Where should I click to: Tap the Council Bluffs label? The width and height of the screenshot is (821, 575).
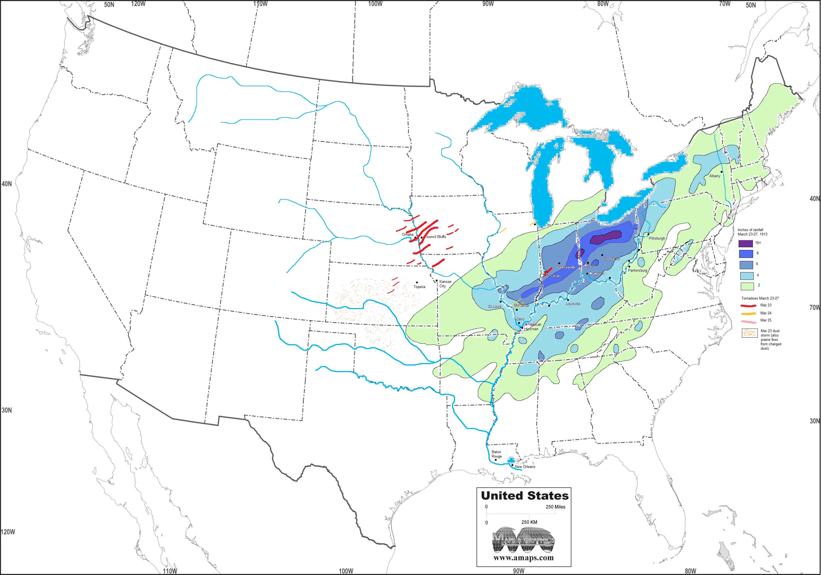(435, 237)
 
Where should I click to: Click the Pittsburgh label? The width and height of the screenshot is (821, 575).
(657, 238)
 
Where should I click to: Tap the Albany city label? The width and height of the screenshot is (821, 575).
(715, 176)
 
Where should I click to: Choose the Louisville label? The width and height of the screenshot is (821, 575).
(573, 304)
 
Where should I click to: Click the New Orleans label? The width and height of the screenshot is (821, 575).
(525, 467)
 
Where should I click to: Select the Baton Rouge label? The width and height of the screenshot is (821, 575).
(496, 454)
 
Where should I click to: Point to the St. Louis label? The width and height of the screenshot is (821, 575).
(495, 307)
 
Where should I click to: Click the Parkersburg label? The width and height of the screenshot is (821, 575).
(638, 271)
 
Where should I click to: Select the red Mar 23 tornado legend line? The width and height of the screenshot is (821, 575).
(748, 306)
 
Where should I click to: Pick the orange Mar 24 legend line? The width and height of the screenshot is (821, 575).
(748, 314)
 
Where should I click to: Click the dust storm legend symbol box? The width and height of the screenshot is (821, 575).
(750, 333)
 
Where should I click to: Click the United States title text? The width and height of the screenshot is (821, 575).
(524, 496)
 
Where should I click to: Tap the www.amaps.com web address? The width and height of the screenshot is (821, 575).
(523, 557)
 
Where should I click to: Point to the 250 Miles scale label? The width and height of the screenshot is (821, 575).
(555, 507)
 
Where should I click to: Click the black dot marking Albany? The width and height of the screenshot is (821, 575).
(722, 172)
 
